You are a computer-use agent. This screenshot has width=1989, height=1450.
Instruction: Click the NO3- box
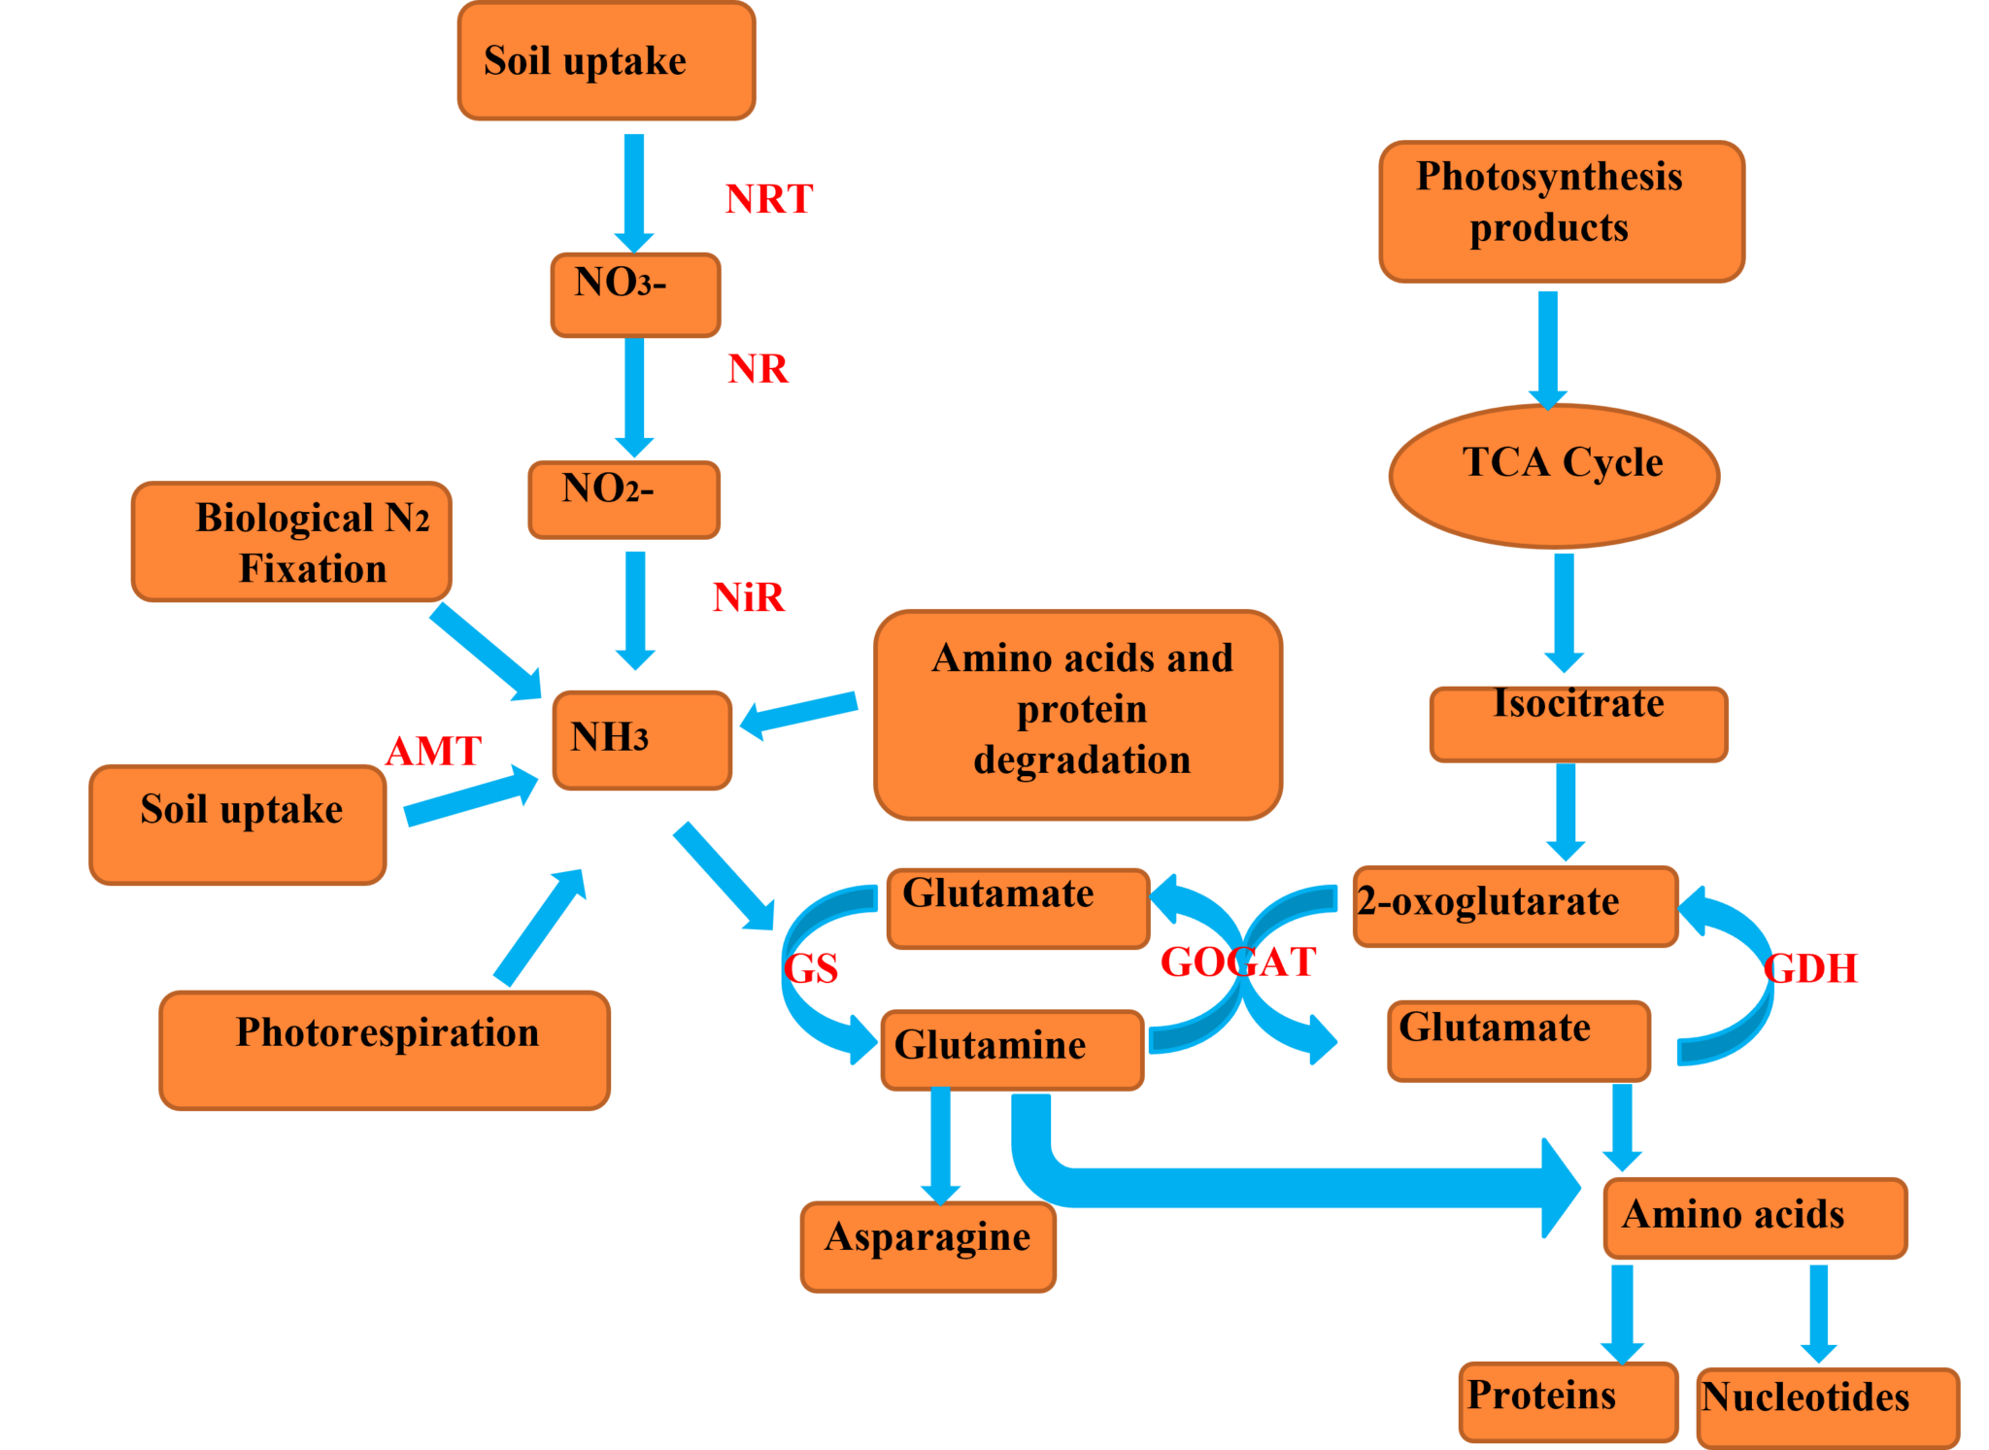(x=635, y=295)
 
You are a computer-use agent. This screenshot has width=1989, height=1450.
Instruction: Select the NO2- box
(x=624, y=499)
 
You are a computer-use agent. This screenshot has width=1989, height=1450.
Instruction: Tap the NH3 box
(x=641, y=740)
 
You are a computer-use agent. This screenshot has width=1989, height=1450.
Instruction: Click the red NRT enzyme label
(x=768, y=199)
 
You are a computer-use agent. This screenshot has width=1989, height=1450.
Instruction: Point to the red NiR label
(x=748, y=596)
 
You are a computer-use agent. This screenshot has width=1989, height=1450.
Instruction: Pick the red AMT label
(x=433, y=750)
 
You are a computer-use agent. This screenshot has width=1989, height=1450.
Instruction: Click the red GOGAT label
(x=1238, y=961)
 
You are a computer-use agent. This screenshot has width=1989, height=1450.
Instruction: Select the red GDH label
(x=1810, y=967)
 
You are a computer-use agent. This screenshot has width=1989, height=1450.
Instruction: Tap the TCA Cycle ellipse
(x=1554, y=475)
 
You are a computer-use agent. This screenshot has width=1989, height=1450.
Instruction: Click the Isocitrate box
(x=1578, y=724)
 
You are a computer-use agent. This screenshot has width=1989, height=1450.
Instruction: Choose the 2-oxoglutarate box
(x=1515, y=905)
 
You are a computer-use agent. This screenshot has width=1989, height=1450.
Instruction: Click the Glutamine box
(x=1012, y=1049)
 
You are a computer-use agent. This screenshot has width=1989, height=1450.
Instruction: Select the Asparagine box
(x=928, y=1246)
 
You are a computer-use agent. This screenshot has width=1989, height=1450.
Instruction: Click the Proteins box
(x=1568, y=1401)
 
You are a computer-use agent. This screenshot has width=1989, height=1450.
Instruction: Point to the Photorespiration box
(x=385, y=1050)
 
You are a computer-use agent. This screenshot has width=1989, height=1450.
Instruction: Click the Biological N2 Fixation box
(x=291, y=542)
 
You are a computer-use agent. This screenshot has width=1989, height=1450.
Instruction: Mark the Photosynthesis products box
(x=1561, y=211)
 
